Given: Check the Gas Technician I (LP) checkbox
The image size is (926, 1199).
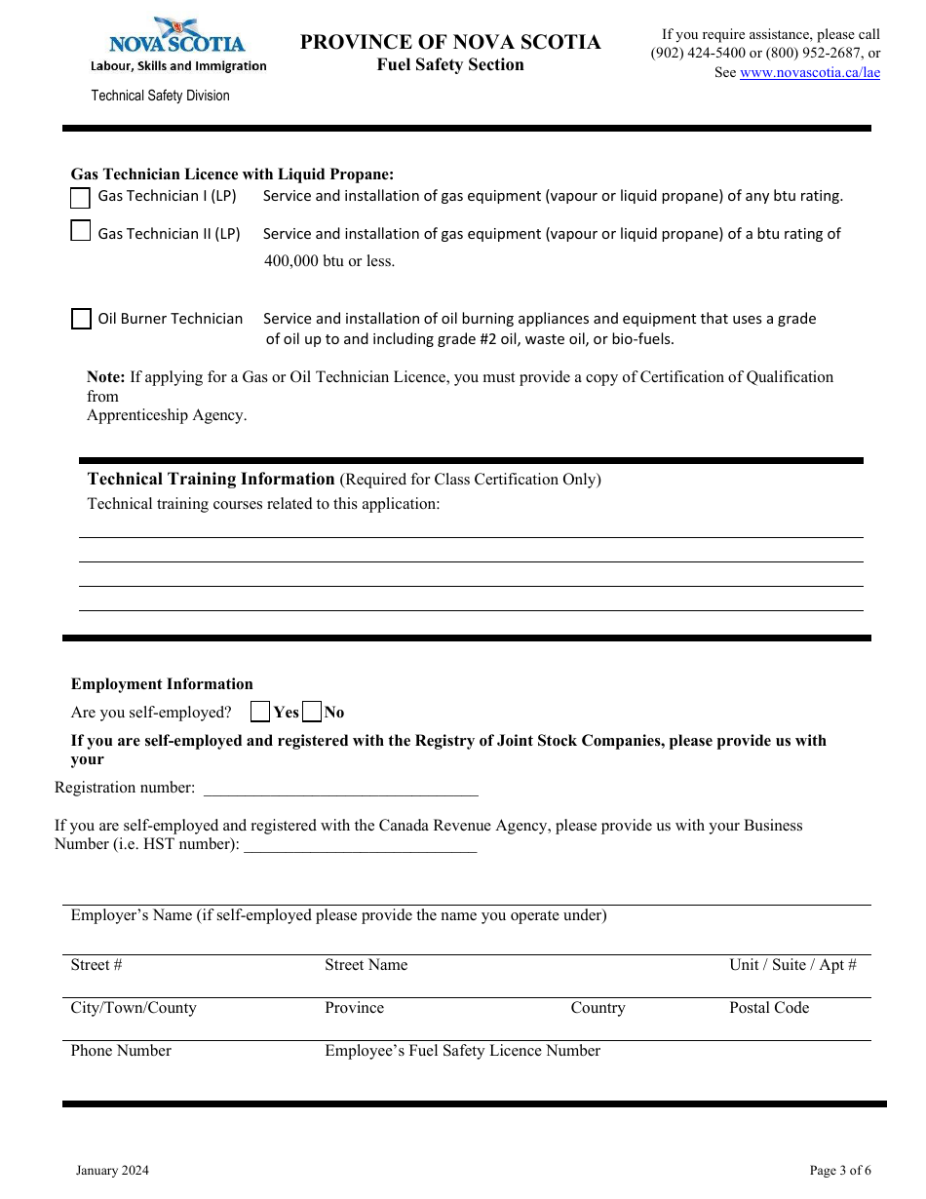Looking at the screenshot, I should click(81, 198).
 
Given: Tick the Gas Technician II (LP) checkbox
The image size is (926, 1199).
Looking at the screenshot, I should click(81, 232).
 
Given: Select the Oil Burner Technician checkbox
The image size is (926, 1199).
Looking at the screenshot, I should click(82, 319).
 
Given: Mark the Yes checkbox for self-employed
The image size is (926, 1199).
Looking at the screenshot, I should click(260, 712).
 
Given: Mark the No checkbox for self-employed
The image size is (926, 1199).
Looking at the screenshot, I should click(312, 712).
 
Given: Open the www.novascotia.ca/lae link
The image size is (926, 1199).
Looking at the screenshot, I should click(809, 72).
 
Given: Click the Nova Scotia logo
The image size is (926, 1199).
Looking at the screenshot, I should click(177, 37).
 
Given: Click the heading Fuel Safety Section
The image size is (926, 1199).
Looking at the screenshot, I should click(450, 65).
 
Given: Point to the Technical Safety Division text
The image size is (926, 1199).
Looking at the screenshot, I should click(161, 96).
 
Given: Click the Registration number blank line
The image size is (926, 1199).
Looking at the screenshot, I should click(340, 788).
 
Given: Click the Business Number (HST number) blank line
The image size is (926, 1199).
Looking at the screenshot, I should click(360, 844).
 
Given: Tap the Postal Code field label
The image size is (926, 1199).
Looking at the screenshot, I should click(769, 1008).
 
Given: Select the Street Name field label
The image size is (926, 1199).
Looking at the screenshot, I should click(366, 965).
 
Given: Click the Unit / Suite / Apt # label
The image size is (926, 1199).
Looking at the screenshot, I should click(792, 965).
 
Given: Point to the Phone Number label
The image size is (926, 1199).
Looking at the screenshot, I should click(121, 1051).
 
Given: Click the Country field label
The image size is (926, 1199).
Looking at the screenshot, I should click(598, 1008).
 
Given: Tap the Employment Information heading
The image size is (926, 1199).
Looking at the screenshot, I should click(162, 684).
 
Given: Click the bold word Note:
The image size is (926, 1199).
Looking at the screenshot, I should click(106, 377).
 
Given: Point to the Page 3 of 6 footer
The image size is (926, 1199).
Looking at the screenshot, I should click(840, 1171).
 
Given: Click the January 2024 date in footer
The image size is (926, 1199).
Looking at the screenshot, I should click(113, 1171).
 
